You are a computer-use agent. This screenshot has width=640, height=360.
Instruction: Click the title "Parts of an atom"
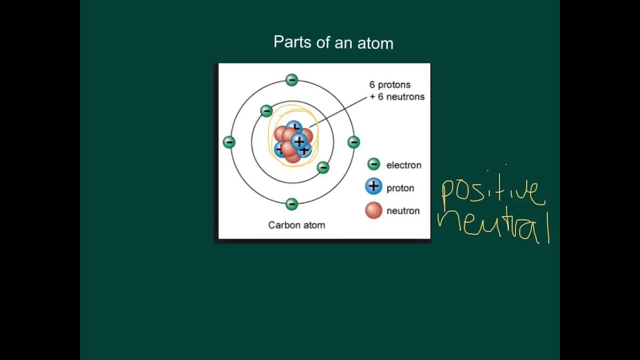333,42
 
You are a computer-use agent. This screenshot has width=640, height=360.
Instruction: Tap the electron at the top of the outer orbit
291,80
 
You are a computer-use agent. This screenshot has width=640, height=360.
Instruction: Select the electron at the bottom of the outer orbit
291,204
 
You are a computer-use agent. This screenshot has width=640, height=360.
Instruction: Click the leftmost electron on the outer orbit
229,142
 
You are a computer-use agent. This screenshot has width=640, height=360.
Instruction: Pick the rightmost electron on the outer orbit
353,142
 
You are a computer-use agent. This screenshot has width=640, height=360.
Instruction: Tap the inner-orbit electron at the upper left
266,110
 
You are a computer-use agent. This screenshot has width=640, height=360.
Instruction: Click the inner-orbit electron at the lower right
323,167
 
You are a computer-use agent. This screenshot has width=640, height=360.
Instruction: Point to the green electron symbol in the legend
373,164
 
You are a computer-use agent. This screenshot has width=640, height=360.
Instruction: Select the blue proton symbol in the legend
373,187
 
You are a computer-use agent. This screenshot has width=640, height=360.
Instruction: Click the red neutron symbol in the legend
373,210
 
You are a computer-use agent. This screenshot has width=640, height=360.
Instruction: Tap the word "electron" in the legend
403,165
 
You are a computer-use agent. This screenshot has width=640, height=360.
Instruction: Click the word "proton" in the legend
400,188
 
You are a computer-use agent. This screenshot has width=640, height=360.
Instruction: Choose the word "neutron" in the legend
402,211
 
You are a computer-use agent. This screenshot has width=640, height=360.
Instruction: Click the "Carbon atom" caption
296,225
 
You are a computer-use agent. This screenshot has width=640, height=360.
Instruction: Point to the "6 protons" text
390,85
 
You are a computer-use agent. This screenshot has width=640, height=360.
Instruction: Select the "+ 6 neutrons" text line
397,97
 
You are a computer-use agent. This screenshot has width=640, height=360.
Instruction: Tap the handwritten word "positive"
492,192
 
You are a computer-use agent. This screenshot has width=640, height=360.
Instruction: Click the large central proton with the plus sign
299,141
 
